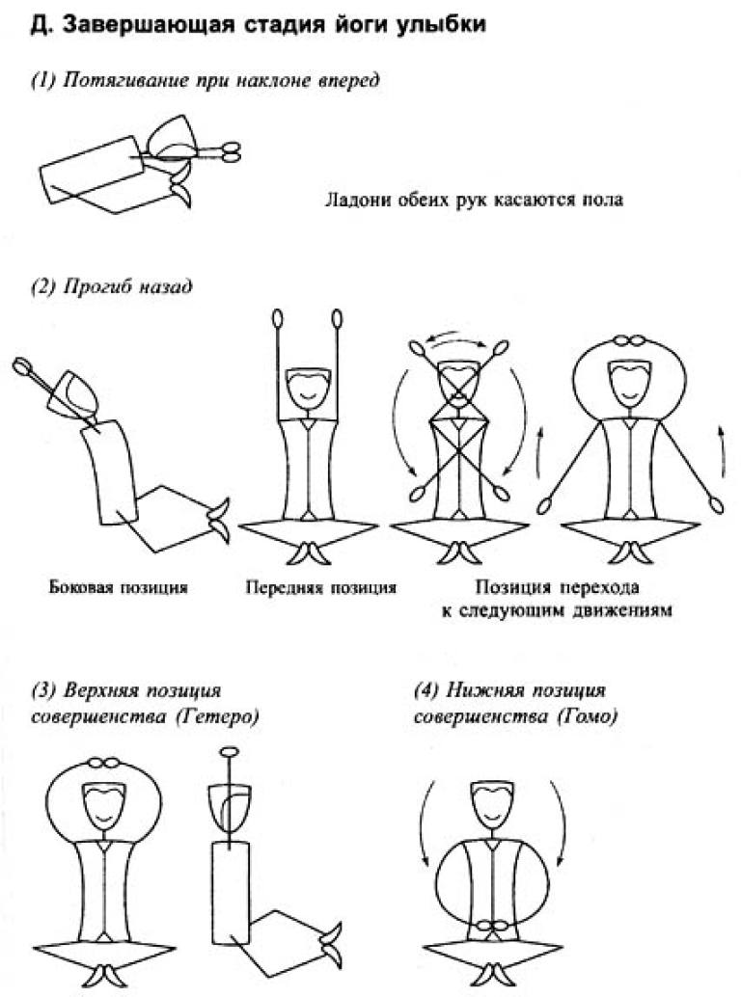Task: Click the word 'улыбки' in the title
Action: tap(433, 28)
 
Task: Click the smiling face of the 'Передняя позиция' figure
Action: tap(310, 390)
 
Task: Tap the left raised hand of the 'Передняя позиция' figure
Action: tap(278, 318)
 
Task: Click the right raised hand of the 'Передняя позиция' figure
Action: tap(338, 318)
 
